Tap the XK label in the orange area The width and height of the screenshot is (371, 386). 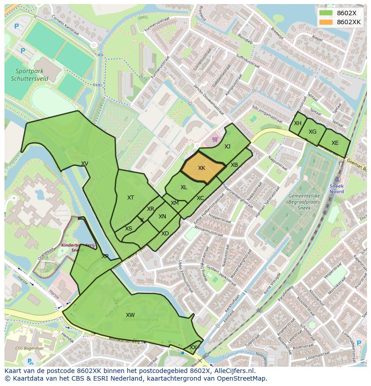coord(202,168)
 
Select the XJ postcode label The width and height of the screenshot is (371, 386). coord(227,147)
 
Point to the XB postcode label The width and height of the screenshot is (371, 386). coord(234,165)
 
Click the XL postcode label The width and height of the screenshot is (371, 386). coord(184,187)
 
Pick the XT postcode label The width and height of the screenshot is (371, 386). coord(130,198)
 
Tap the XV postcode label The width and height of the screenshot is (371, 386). coord(85,164)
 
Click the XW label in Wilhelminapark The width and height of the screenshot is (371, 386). coord(130,315)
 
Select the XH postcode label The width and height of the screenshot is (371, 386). coord(298,123)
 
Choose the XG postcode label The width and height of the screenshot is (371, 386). coord(312,132)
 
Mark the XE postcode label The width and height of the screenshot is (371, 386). coord(335,143)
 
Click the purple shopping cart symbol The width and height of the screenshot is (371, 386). coord(215,139)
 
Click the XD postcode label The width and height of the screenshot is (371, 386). coord(165,234)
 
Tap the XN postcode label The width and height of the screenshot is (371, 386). coord(162,217)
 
